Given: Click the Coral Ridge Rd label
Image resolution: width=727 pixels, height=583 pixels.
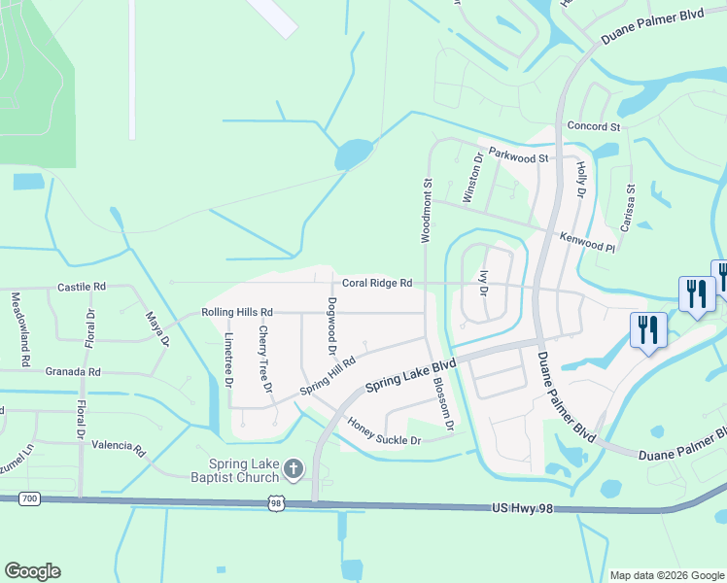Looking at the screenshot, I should click(377, 283).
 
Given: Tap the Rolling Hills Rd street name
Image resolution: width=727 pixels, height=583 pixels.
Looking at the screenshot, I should click(237, 312).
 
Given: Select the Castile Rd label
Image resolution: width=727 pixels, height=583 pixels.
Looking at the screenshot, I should click(81, 288).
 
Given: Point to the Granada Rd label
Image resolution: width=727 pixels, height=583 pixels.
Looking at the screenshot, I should click(73, 372).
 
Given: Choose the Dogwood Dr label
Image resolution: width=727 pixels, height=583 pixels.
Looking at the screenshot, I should click(331, 326).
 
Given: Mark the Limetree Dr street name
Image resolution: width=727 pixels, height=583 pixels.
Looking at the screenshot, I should click(228, 360).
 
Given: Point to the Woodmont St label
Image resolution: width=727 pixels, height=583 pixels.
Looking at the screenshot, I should click(426, 210).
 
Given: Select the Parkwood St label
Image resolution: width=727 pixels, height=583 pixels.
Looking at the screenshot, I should click(519, 154).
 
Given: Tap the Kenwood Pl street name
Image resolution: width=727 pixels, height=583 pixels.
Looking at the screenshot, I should click(588, 241).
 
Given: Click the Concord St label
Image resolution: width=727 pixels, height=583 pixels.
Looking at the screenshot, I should click(593, 126).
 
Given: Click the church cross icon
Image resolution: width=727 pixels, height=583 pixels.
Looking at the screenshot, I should click(293, 470).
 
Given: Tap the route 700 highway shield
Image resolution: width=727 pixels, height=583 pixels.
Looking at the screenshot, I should click(29, 498).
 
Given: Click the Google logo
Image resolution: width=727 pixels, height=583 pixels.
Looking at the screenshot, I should click(32, 571).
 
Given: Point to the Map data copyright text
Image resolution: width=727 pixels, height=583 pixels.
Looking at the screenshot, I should click(665, 575).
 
